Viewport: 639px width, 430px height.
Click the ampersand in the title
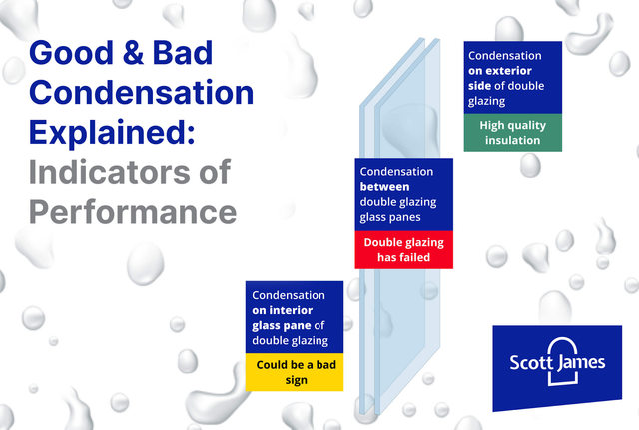pyautogui.click(x=133, y=53)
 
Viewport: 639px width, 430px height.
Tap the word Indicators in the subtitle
pyautogui.click(x=109, y=172)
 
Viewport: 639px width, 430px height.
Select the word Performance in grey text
pyautogui.click(x=133, y=212)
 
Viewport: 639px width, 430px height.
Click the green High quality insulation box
pyautogui.click(x=512, y=133)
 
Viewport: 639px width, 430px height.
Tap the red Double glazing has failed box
pyautogui.click(x=403, y=250)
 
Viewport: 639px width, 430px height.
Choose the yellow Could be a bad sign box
pyautogui.click(x=295, y=372)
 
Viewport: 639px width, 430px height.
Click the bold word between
pyautogui.click(x=384, y=187)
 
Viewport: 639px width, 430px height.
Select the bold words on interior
pyautogui.click(x=282, y=310)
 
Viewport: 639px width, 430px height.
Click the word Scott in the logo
pyautogui.click(x=528, y=362)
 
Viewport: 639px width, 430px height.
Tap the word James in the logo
pyautogui.click(x=581, y=363)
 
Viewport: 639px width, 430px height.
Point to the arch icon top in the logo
pyautogui.click(x=563, y=338)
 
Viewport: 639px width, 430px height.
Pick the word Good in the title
pyautogui.click(x=71, y=53)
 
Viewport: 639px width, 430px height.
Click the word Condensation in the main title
pyautogui.click(x=142, y=93)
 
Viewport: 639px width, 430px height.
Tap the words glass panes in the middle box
pyautogui.click(x=390, y=217)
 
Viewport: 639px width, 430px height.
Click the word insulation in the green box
pyautogui.click(x=512, y=140)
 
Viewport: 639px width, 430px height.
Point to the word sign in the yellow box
pyautogui.click(x=296, y=380)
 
